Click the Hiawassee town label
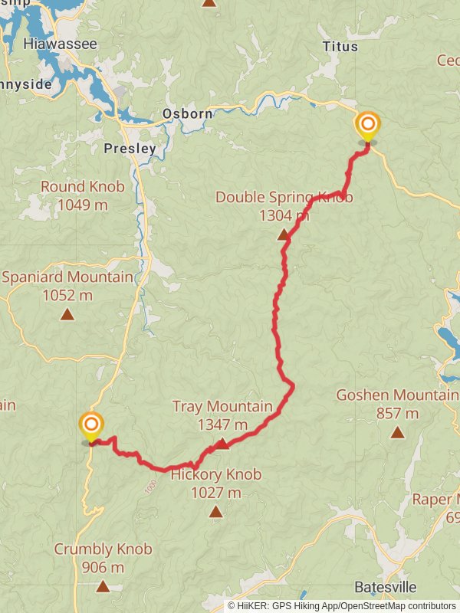pos(61,44)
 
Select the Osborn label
pos(187,114)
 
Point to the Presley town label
pos(130,149)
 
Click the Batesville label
pos(386,588)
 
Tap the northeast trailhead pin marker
pos(367,126)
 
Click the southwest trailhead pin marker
pos(91,426)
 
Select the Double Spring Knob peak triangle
pos(284,235)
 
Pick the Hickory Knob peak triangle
pos(215,512)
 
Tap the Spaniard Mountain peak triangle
pos(67,314)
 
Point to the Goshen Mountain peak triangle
pos(397,433)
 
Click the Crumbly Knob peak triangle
pos(103,587)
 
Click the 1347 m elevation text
pos(222,425)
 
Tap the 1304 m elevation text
pos(284,215)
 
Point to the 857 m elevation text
pos(397,414)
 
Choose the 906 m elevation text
pos(103,568)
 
